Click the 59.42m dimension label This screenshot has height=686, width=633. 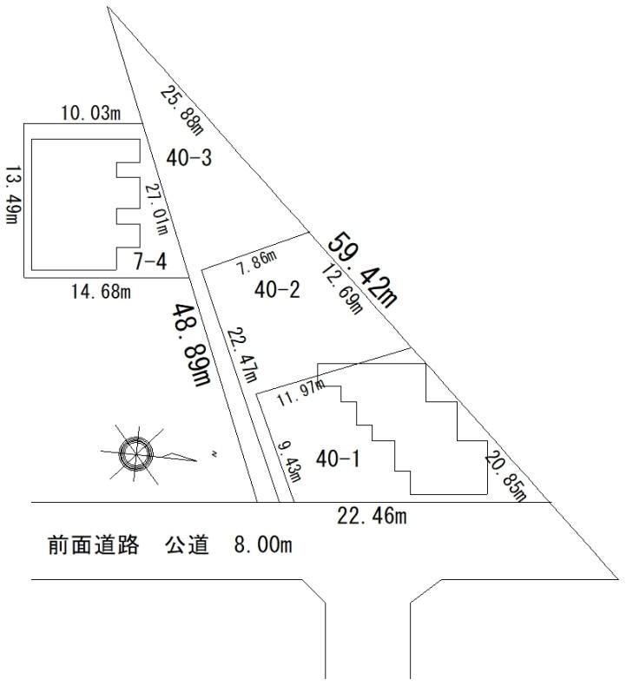362,269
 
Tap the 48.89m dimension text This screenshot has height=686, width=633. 192,345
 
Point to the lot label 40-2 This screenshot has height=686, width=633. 277,290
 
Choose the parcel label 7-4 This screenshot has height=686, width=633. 150,260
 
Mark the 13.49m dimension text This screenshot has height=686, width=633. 12,195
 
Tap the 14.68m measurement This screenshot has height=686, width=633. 101,292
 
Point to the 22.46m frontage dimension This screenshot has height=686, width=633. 372,517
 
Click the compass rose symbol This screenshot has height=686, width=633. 136,452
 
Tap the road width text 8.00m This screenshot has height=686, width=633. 262,547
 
